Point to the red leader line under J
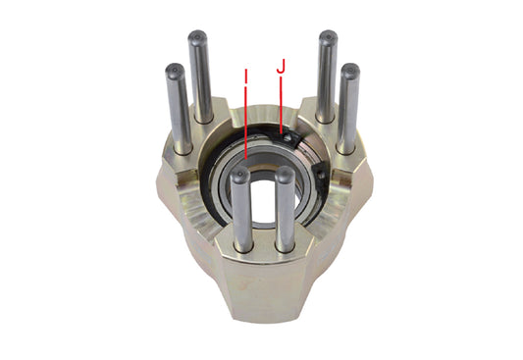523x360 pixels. tap(282, 103)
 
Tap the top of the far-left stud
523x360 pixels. tap(175, 70)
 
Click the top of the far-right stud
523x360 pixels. tap(350, 70)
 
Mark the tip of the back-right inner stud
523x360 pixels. tap(327, 37)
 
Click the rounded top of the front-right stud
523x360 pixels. tap(286, 175)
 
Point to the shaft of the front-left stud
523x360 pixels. tap(240, 211)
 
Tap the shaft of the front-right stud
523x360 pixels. tap(286, 211)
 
